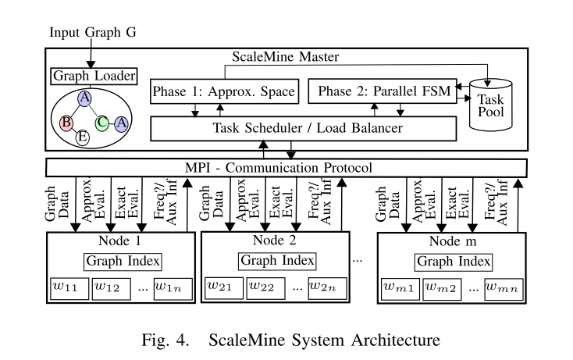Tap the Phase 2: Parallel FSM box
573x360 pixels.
point(384,93)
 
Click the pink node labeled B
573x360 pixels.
point(67,122)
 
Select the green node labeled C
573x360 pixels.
point(102,122)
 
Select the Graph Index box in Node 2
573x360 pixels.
point(277,260)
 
